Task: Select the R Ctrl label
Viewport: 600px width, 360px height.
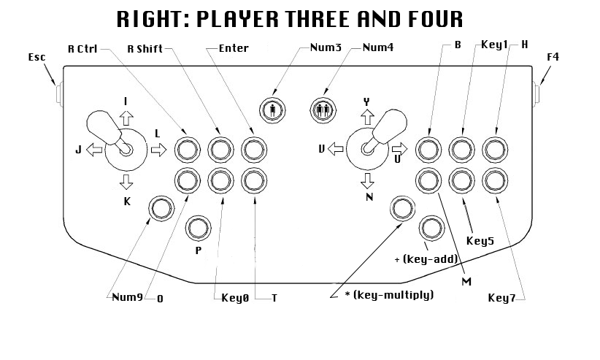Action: pos(83,49)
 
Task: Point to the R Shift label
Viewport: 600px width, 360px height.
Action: pos(145,49)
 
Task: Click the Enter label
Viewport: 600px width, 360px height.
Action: pos(234,49)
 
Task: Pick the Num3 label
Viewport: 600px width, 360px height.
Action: pos(326,49)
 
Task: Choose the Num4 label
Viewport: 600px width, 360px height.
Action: pos(378,49)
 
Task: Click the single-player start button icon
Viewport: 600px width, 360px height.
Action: pos(272,110)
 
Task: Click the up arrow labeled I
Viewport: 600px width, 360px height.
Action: pos(126,118)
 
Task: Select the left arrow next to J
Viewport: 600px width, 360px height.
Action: pos(94,150)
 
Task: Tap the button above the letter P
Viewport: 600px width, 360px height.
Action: pos(196,228)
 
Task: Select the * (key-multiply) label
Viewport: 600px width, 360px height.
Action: pos(390,295)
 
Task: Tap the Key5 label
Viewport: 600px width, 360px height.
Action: pos(480,240)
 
